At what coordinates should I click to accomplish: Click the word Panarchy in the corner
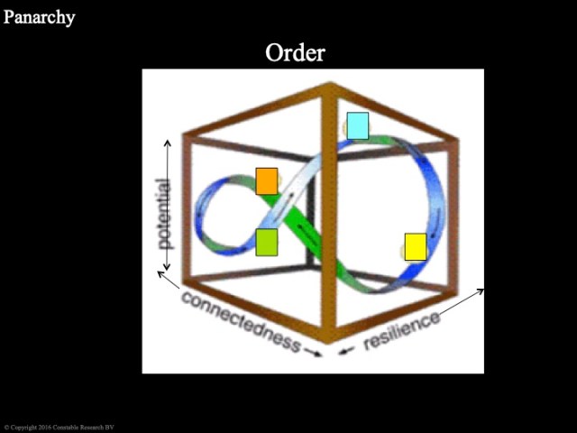click(x=39, y=16)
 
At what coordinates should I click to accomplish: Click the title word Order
click(x=295, y=52)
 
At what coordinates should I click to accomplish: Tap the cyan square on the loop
click(x=358, y=125)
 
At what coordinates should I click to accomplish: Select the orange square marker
click(x=267, y=180)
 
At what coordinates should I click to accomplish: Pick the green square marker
click(x=267, y=243)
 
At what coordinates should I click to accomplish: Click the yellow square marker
click(x=415, y=246)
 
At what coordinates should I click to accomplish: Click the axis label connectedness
click(x=240, y=320)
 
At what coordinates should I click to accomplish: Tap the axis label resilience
click(x=402, y=331)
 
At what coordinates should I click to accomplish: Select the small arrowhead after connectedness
click(x=315, y=353)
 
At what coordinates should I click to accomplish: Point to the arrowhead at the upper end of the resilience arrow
click(x=481, y=290)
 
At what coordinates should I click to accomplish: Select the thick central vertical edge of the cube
click(x=328, y=216)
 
